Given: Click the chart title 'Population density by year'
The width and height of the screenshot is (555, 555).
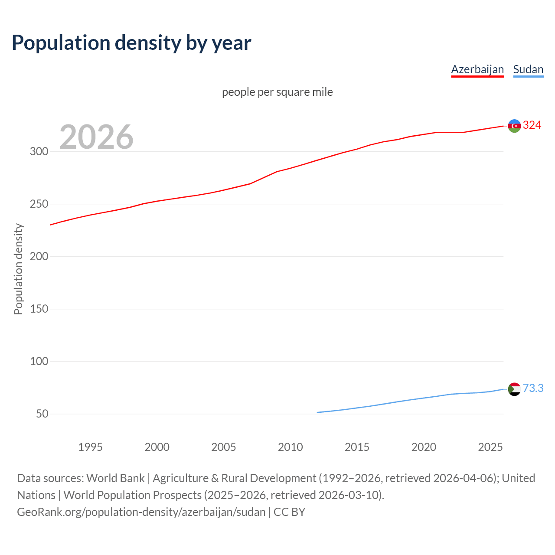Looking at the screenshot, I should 131,42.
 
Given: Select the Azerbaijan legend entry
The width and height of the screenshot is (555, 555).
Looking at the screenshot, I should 477,69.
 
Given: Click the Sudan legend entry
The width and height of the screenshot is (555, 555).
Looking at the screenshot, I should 528,69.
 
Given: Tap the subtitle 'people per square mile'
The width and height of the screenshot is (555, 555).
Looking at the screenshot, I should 277,92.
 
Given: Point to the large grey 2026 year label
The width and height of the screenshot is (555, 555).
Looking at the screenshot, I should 96,137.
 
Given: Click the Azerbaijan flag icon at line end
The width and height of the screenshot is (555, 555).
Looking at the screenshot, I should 514,126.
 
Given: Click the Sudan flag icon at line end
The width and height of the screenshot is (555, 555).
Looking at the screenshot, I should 514,389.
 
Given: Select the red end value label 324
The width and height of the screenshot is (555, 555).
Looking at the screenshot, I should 532,125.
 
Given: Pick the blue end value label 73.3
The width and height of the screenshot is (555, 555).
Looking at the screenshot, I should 533,388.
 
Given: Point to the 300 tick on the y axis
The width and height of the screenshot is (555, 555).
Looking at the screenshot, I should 39,151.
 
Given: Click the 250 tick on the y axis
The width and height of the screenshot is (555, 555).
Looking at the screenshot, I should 39,204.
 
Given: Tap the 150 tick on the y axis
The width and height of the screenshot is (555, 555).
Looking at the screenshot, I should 39,309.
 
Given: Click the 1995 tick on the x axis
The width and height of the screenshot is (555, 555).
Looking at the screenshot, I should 90,447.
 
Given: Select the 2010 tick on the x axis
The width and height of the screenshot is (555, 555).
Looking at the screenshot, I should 290,447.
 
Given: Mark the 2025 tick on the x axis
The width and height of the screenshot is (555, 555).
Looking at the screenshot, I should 490,447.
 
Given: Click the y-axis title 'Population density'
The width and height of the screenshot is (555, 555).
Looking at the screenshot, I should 18,269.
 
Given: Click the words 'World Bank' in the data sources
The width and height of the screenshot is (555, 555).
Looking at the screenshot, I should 115,478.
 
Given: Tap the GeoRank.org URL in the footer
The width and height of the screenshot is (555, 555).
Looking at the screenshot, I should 141,512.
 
